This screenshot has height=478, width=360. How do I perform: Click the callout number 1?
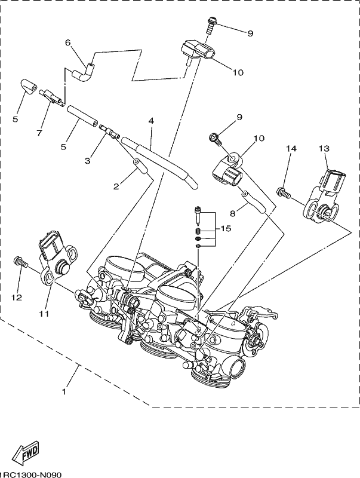pyautogui.click(x=64, y=392)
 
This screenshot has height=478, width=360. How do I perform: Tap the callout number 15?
pyautogui.click(x=226, y=228)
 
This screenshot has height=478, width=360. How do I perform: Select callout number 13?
pyautogui.click(x=324, y=148)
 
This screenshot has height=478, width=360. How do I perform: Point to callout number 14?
pyautogui.click(x=291, y=148)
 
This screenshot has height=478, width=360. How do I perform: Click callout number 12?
pyautogui.click(x=17, y=297)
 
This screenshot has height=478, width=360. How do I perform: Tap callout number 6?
pyautogui.click(x=67, y=42)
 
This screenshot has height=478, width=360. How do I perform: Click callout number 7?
pyautogui.click(x=39, y=133)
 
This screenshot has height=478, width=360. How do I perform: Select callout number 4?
pyautogui.click(x=151, y=121)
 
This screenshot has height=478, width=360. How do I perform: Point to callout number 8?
pyautogui.click(x=233, y=214)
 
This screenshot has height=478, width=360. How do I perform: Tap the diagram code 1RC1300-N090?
pyautogui.click(x=31, y=475)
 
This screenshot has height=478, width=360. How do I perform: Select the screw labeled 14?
pyautogui.click(x=284, y=192)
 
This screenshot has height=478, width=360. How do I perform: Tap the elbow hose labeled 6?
pyautogui.click(x=83, y=73)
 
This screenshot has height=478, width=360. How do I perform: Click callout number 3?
pyautogui.click(x=87, y=161)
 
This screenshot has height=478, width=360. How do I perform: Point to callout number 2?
pyautogui.click(x=116, y=186)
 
